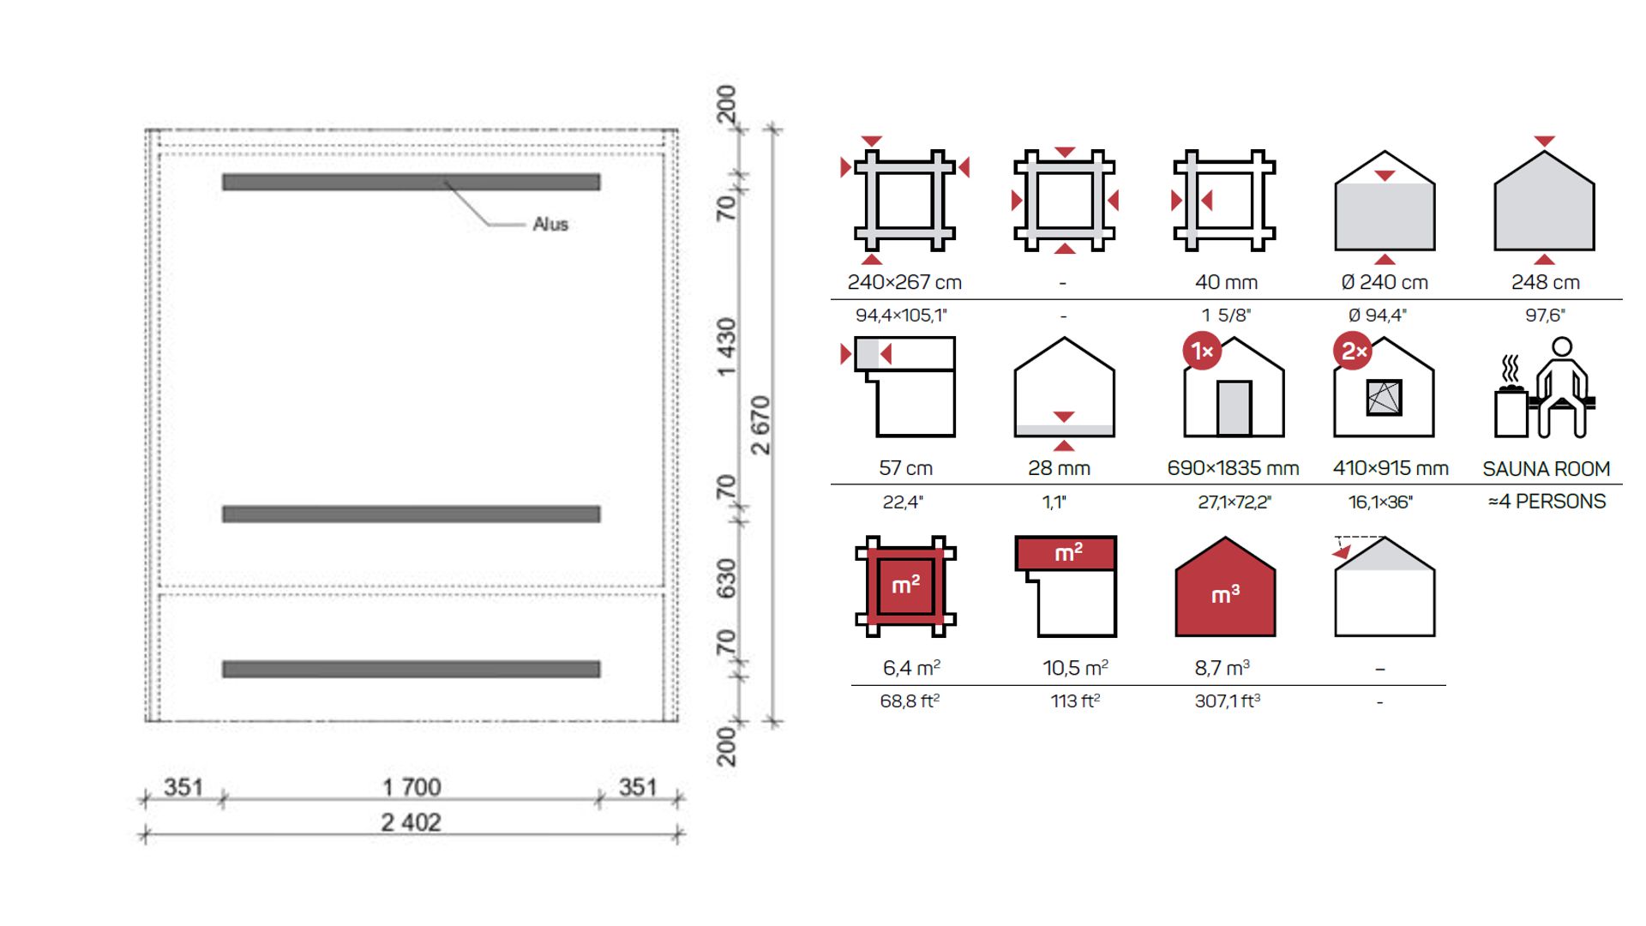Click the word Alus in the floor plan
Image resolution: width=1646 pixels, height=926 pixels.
tap(550, 224)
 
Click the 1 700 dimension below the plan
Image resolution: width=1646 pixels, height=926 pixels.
tap(411, 786)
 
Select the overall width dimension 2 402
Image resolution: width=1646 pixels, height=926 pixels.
tap(411, 822)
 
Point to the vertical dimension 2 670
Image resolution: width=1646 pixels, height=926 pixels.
tap(760, 425)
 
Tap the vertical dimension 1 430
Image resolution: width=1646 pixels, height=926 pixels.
tap(726, 347)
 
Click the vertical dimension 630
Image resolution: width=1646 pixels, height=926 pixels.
tap(726, 579)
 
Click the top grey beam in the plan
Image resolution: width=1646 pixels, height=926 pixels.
tap(411, 182)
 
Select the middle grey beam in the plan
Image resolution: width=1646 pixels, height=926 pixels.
tap(411, 514)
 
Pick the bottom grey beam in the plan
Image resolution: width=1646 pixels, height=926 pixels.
tap(411, 669)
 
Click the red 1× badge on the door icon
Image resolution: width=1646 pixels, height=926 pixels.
tap(1202, 351)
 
